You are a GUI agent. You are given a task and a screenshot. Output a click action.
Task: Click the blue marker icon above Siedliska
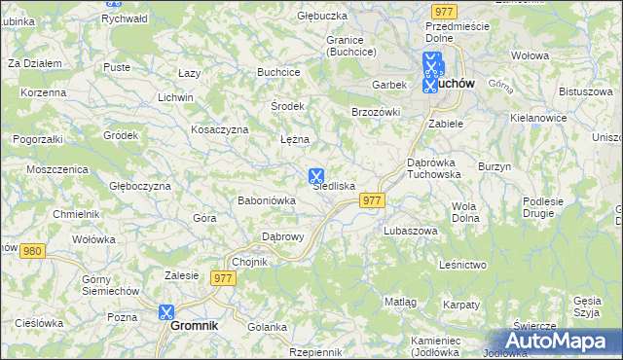(316, 176)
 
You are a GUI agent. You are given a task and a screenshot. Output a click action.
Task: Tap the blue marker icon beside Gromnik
(165, 312)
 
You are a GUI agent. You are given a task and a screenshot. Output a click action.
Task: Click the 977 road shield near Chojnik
(224, 278)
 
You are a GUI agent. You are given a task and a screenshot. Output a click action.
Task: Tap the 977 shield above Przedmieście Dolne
(444, 11)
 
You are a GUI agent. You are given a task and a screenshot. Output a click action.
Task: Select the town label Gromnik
(194, 327)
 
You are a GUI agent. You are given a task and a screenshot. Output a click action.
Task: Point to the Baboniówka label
(266, 200)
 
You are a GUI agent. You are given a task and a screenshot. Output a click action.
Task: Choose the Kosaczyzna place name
(220, 129)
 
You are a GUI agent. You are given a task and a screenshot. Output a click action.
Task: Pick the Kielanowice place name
(537, 118)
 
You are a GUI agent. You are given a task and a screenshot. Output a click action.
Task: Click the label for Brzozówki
(376, 112)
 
